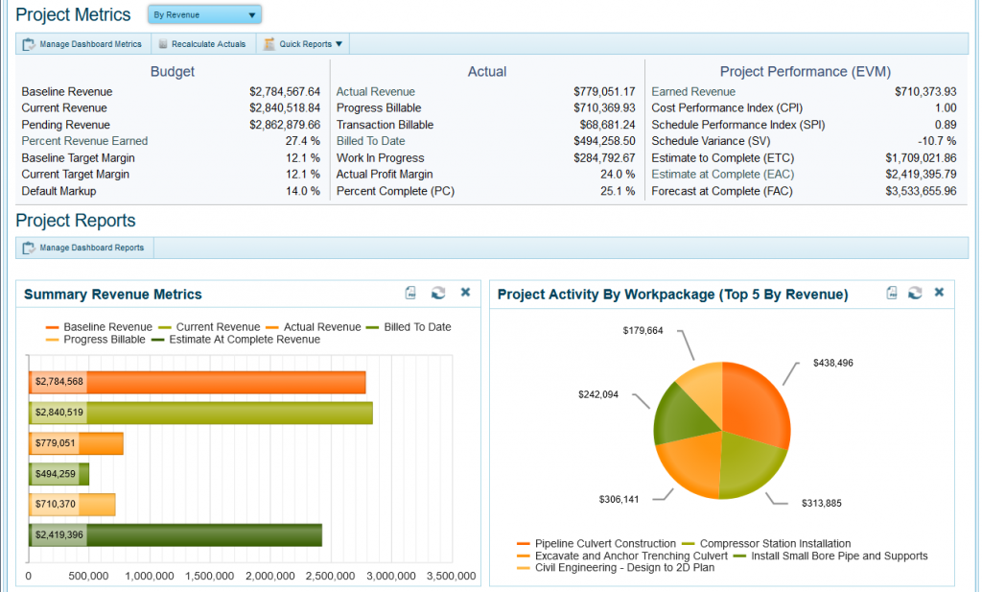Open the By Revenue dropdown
pos(204,15)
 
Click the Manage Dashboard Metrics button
pos(82,44)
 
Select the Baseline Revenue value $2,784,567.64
pos(285,92)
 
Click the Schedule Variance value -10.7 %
pos(935,141)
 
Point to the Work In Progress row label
pos(380,158)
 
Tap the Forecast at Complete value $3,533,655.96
pos(921,191)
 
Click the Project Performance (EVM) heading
pos(805,72)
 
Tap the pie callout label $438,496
pos(832,364)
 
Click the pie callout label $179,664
pos(643,331)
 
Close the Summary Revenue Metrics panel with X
pos(465,293)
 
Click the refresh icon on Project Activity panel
pos(915,293)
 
